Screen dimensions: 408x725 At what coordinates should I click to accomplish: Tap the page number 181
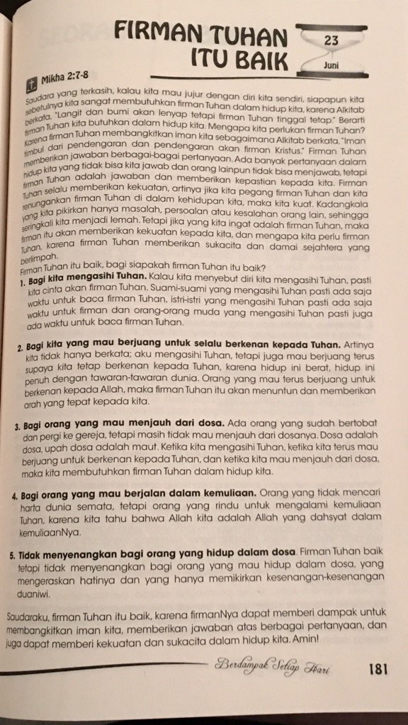click(x=375, y=669)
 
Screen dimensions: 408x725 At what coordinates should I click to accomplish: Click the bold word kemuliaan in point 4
click(x=226, y=491)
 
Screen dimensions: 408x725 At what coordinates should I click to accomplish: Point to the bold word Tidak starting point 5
click(x=35, y=551)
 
